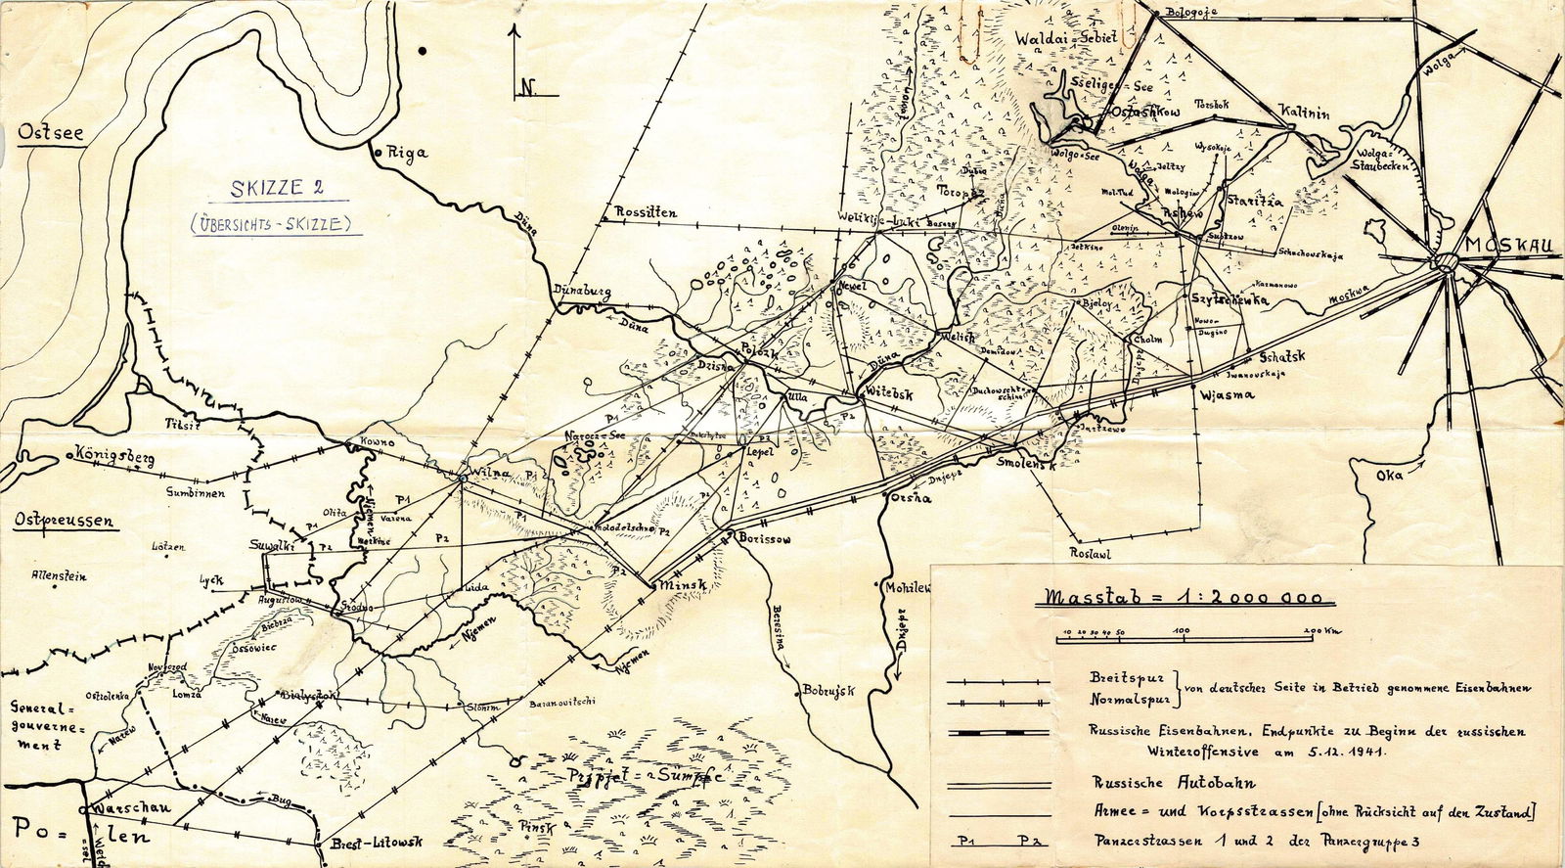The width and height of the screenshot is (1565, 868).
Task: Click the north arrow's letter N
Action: pyautogui.click(x=527, y=87)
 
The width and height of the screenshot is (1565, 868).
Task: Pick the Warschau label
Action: pyautogui.click(x=130, y=810)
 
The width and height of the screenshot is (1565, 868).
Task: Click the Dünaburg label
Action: pyautogui.click(x=583, y=292)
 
